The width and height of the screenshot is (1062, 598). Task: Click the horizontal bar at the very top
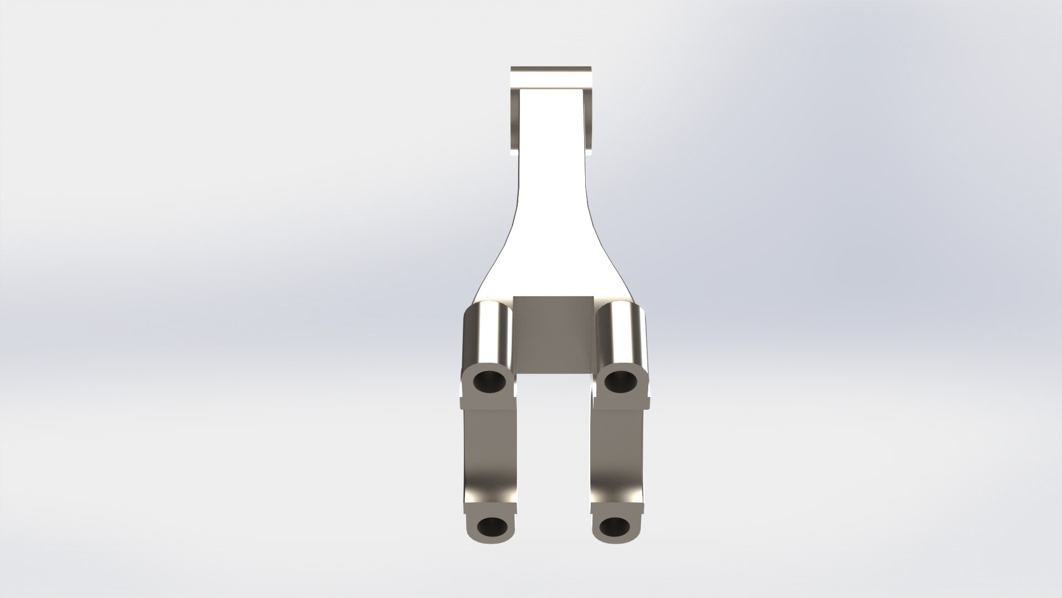(551, 77)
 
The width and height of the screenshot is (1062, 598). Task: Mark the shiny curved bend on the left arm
(487, 482)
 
